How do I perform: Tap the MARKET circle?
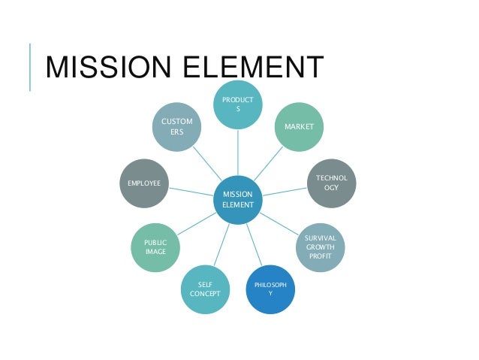coord(299,127)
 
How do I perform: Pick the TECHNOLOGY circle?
coord(331,183)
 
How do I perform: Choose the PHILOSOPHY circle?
coord(270,289)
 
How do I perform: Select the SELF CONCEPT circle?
coord(205,289)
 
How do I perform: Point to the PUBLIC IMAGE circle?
coord(155,247)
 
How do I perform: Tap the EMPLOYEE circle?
coord(145,183)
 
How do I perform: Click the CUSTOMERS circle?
coord(176,127)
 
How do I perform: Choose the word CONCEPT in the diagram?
coord(205,295)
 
